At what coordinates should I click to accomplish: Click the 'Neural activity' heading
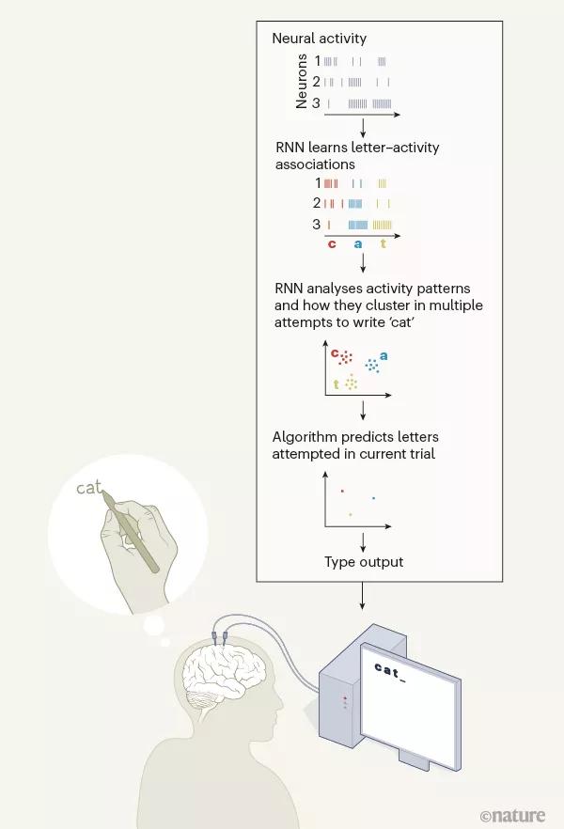tap(319, 39)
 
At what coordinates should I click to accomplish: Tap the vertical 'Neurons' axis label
tap(302, 81)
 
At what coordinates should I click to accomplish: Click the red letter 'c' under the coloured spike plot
tap(332, 244)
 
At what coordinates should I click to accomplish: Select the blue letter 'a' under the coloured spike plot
tap(357, 244)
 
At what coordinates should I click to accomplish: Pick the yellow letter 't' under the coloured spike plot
tap(383, 244)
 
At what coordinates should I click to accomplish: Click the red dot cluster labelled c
tap(345, 357)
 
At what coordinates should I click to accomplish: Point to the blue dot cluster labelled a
tap(372, 365)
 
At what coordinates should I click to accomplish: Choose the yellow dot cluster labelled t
tap(352, 382)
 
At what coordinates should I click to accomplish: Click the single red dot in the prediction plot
tap(342, 491)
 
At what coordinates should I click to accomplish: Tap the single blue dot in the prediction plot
tap(373, 498)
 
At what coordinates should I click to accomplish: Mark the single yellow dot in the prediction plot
tap(351, 514)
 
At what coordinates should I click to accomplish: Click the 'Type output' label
tap(364, 562)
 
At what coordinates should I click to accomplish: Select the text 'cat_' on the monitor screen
tap(390, 669)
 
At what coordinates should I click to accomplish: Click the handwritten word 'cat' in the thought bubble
tap(88, 488)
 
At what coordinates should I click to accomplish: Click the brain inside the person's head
tap(220, 681)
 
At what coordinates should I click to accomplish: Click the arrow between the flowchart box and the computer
tap(362, 597)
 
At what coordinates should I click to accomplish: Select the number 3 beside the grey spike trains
tap(317, 103)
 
